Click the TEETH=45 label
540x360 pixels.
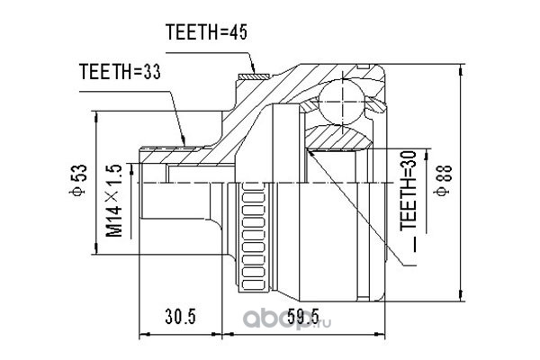tap(206, 32)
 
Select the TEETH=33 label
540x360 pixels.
tap(120, 72)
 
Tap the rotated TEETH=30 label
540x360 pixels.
tap(408, 191)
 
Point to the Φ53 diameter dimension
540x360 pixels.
tap(78, 181)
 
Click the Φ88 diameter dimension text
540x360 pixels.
tap(443, 181)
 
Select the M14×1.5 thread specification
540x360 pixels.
tap(114, 201)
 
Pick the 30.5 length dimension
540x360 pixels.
tap(180, 316)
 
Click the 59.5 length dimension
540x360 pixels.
tap(303, 316)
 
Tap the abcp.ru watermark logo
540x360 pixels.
tap(288, 320)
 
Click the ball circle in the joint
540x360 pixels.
tap(342, 102)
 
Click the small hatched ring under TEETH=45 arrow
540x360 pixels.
tap(254, 76)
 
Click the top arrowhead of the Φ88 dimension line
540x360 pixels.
tap(460, 71)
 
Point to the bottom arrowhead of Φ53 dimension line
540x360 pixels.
tap(95, 248)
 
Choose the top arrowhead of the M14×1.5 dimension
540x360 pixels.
tap(131, 169)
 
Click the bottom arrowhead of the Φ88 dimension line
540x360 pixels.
tap(460, 295)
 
